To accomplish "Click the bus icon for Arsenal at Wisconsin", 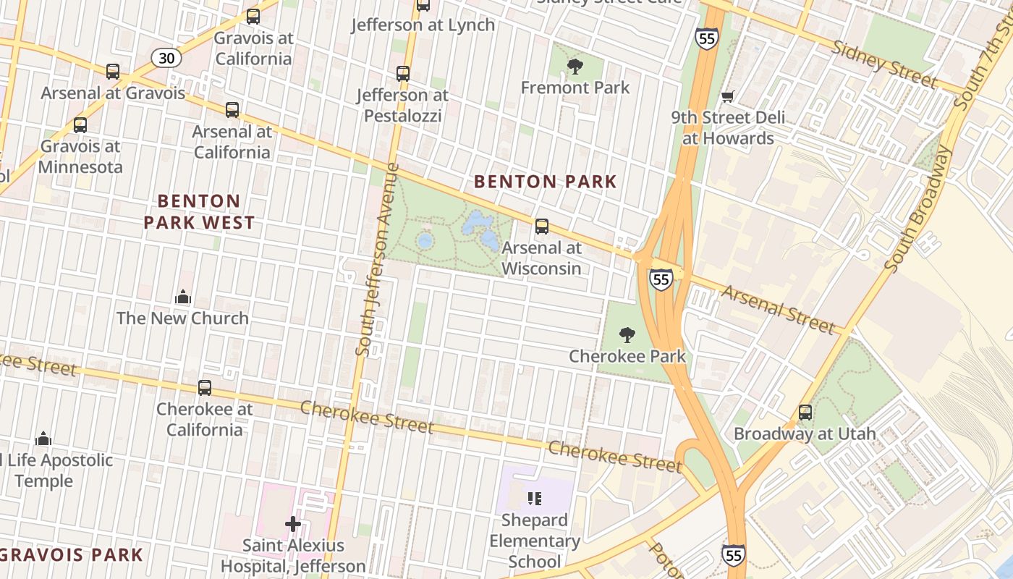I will pyautogui.click(x=541, y=227).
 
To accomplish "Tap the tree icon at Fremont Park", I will pyautogui.click(x=575, y=67).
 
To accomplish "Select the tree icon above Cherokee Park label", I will pyautogui.click(x=627, y=335).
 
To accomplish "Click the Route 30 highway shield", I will pyautogui.click(x=166, y=58).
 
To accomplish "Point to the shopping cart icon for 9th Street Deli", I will pyautogui.click(x=727, y=97).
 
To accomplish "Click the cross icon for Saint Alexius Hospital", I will pyautogui.click(x=293, y=524).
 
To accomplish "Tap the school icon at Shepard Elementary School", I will pyautogui.click(x=535, y=498).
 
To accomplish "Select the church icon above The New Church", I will pyautogui.click(x=182, y=297).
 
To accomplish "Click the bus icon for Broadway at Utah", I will pyautogui.click(x=805, y=413).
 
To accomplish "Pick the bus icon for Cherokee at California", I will pyautogui.click(x=205, y=388).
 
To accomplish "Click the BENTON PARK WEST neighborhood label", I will pyautogui.click(x=199, y=211).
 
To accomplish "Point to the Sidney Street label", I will pyautogui.click(x=884, y=64).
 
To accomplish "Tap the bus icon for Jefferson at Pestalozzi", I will pyautogui.click(x=403, y=74).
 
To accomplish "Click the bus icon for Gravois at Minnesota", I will pyautogui.click(x=80, y=125).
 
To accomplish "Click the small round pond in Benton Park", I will pyautogui.click(x=425, y=240).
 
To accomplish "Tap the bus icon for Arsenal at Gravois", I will pyautogui.click(x=113, y=72).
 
